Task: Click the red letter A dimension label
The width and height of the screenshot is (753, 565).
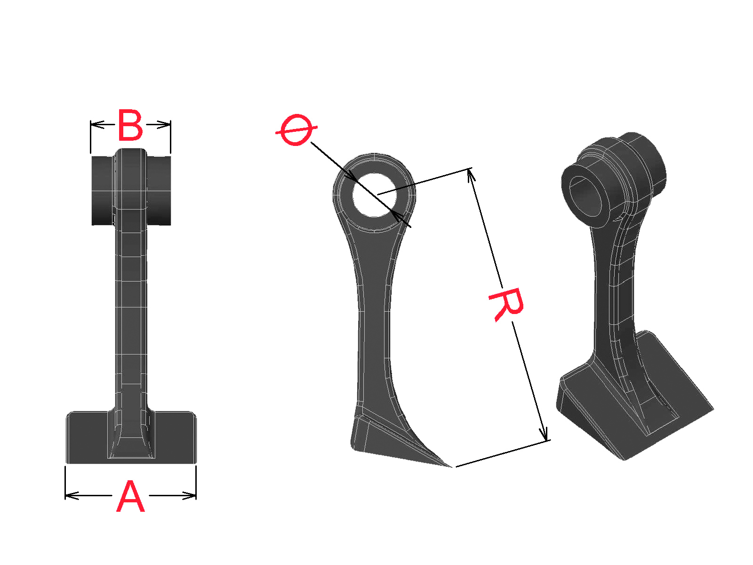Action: pyautogui.click(x=130, y=496)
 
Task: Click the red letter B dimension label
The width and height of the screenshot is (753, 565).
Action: pyautogui.click(x=130, y=125)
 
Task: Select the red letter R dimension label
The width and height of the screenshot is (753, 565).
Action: pyautogui.click(x=506, y=305)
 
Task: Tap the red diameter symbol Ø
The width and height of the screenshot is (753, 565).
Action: pyautogui.click(x=296, y=130)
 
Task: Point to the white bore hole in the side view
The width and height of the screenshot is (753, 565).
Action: pyautogui.click(x=374, y=195)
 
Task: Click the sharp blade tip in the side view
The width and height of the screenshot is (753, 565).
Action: pyautogui.click(x=451, y=467)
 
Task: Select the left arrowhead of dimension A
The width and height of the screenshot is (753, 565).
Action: pyautogui.click(x=72, y=495)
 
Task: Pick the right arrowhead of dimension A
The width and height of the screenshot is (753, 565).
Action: pyautogui.click(x=189, y=495)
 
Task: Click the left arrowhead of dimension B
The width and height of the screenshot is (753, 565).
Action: pyautogui.click(x=97, y=124)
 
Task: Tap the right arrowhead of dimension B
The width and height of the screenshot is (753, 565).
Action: pyautogui.click(x=164, y=124)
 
